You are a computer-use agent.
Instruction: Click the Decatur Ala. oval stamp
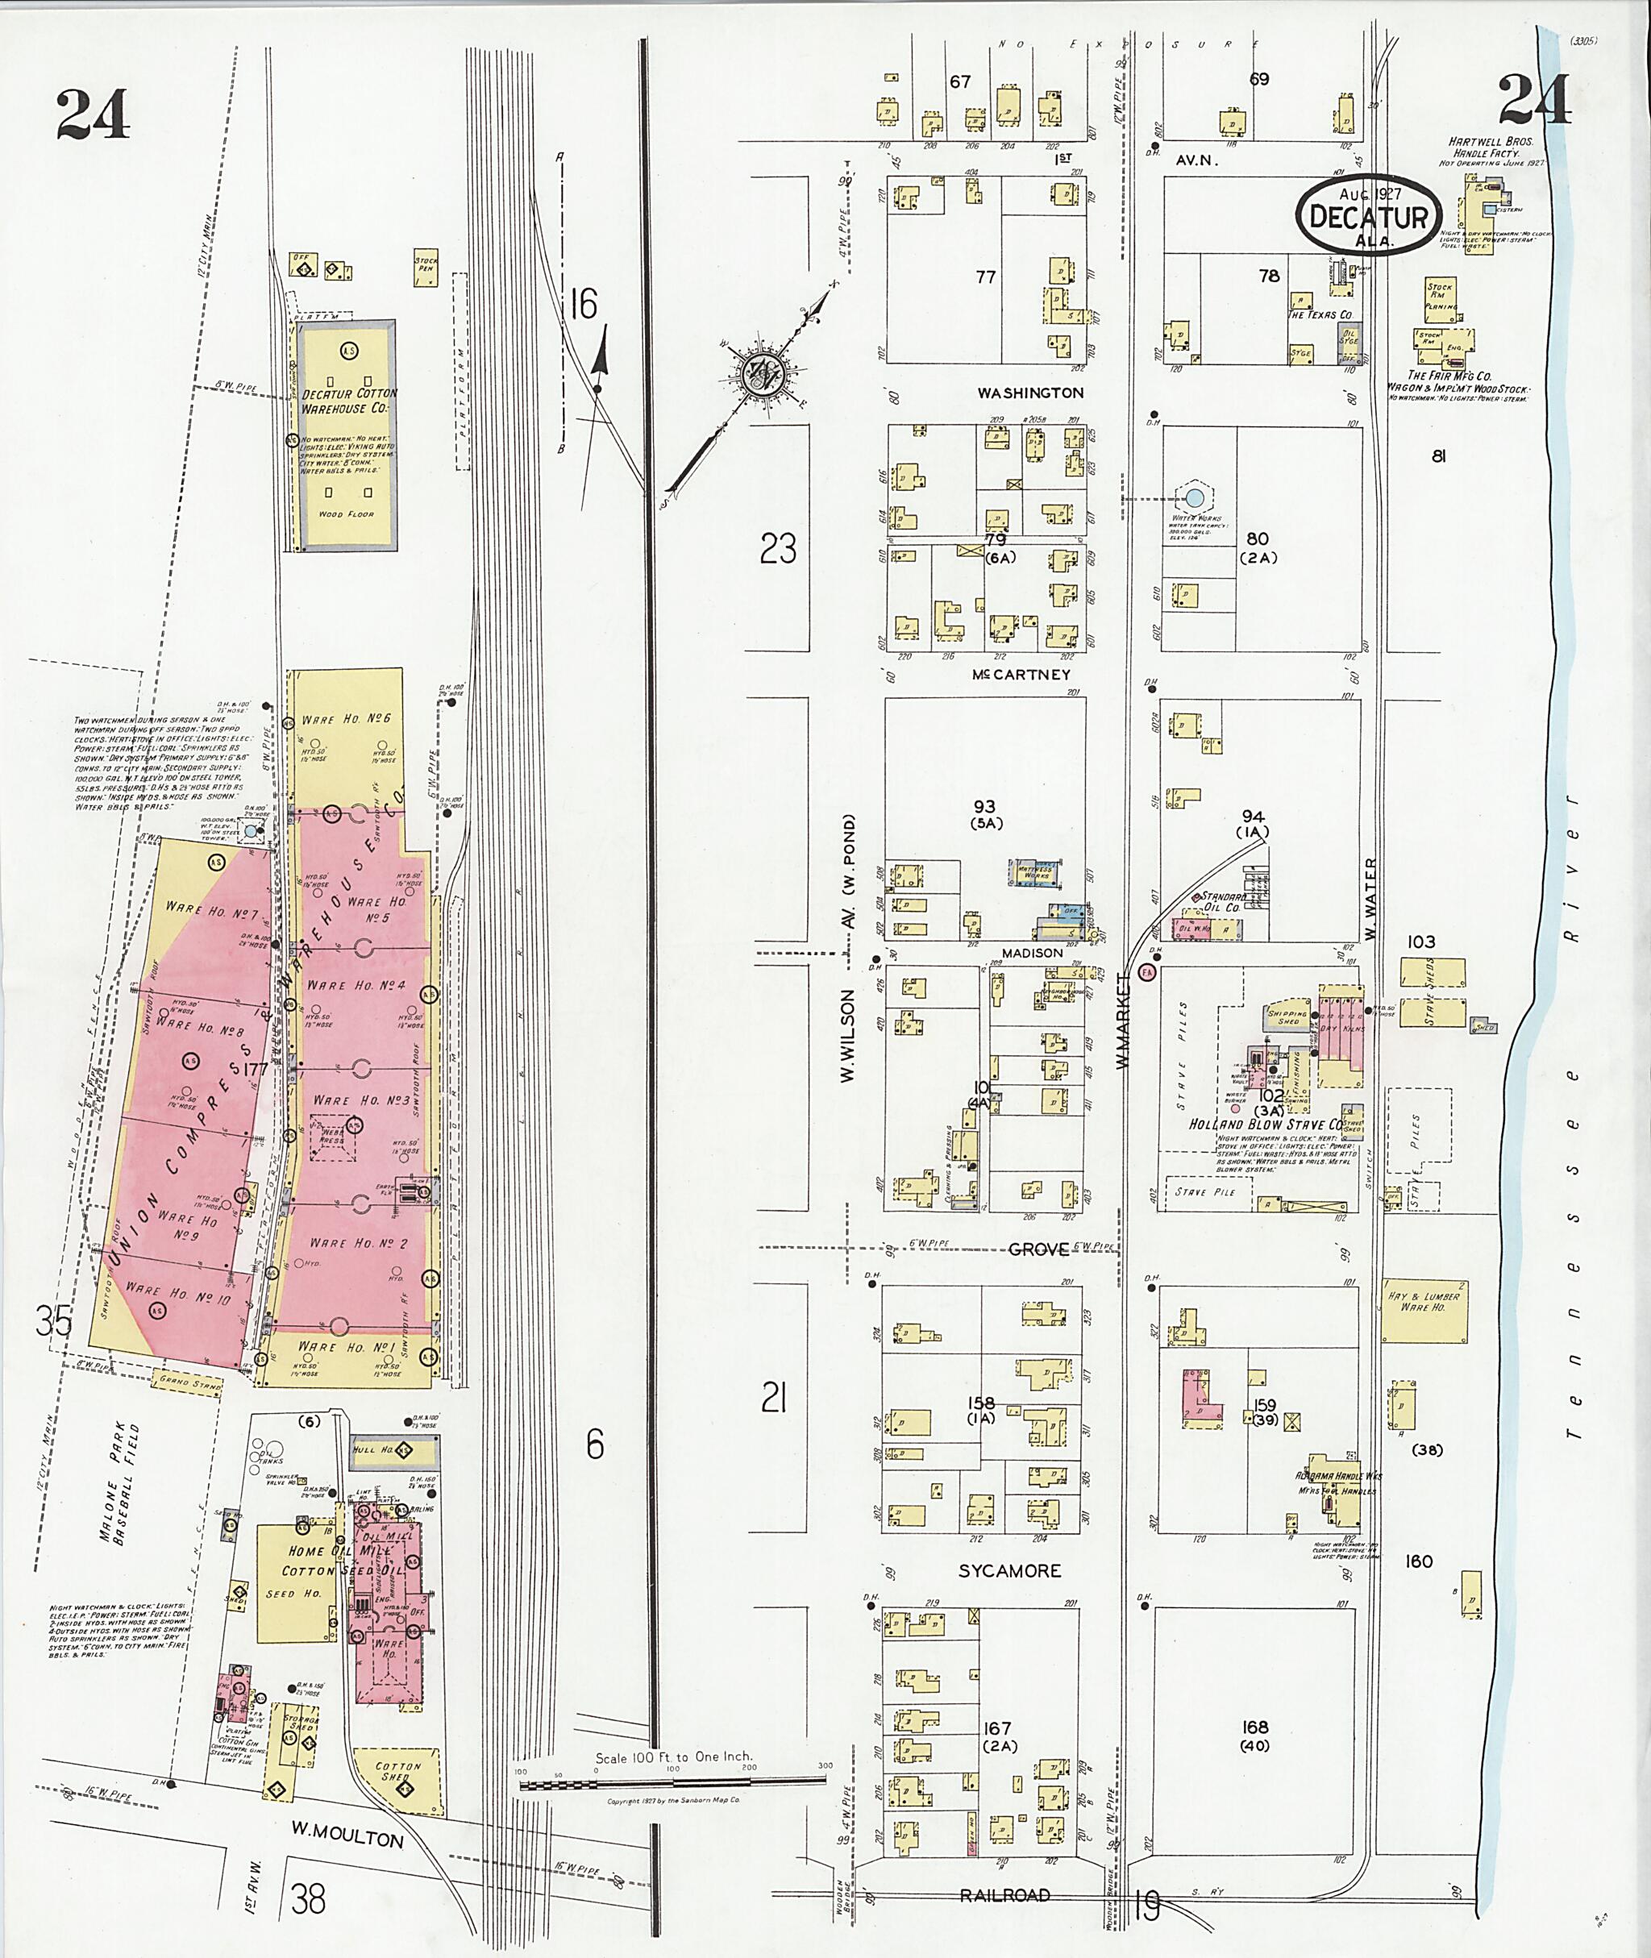pyautogui.click(x=1368, y=217)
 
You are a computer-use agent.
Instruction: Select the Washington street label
pyautogui.click(x=1030, y=393)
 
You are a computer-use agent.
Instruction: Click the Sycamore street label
pyautogui.click(x=1009, y=1571)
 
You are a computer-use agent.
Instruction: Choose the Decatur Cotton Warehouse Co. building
pyautogui.click(x=347, y=435)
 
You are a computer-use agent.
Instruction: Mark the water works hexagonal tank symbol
pyautogui.click(x=1193, y=495)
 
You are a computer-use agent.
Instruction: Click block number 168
pyautogui.click(x=1254, y=1727)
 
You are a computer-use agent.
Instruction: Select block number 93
pyautogui.click(x=984, y=807)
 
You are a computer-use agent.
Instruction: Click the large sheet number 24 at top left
pyautogui.click(x=92, y=114)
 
